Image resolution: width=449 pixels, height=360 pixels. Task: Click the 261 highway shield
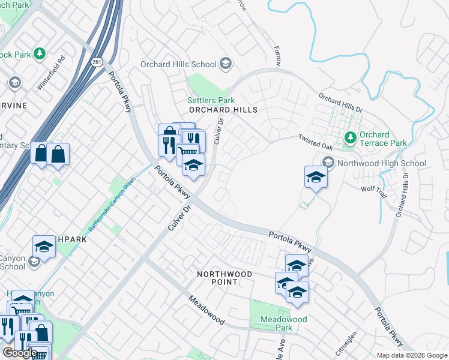click(97, 62)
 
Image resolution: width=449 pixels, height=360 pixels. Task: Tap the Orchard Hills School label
click(178, 64)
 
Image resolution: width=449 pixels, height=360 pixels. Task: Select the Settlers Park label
click(211, 100)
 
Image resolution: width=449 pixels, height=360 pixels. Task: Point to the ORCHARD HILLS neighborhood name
click(223, 110)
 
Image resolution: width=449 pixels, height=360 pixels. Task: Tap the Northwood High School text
click(382, 163)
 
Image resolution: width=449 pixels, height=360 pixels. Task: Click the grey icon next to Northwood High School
click(328, 163)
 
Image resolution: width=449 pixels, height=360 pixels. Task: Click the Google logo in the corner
click(20, 353)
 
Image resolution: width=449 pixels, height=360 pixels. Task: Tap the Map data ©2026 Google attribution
click(412, 355)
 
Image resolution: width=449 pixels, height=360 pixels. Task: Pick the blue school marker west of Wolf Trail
click(316, 178)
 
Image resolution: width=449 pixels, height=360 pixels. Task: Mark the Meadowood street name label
click(206, 310)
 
